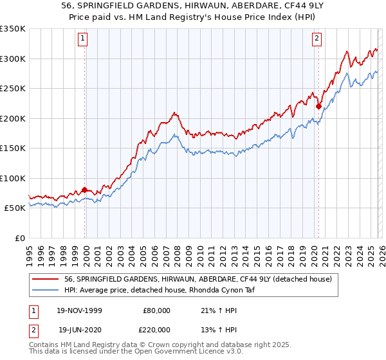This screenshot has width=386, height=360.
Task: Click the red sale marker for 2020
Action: (x=318, y=107)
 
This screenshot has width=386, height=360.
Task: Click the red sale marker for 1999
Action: (x=84, y=190)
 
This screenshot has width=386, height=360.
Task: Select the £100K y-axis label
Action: (x=14, y=178)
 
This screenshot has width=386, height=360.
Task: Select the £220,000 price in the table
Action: (x=156, y=329)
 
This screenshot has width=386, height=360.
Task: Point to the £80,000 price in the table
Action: (x=156, y=310)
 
